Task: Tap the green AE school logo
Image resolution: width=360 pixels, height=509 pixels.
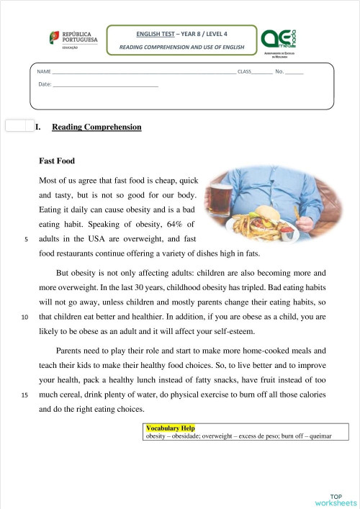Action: coord(276,39)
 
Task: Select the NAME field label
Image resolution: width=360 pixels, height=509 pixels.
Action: coord(43,72)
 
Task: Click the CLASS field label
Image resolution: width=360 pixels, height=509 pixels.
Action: coord(244,72)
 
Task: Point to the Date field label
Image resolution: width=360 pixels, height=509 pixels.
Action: coord(45,85)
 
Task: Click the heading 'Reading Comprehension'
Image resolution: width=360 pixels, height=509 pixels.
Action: coord(96,127)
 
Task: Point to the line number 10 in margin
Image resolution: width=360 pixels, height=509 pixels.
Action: coord(25,317)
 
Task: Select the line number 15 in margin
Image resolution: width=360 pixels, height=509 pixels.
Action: coord(25,395)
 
